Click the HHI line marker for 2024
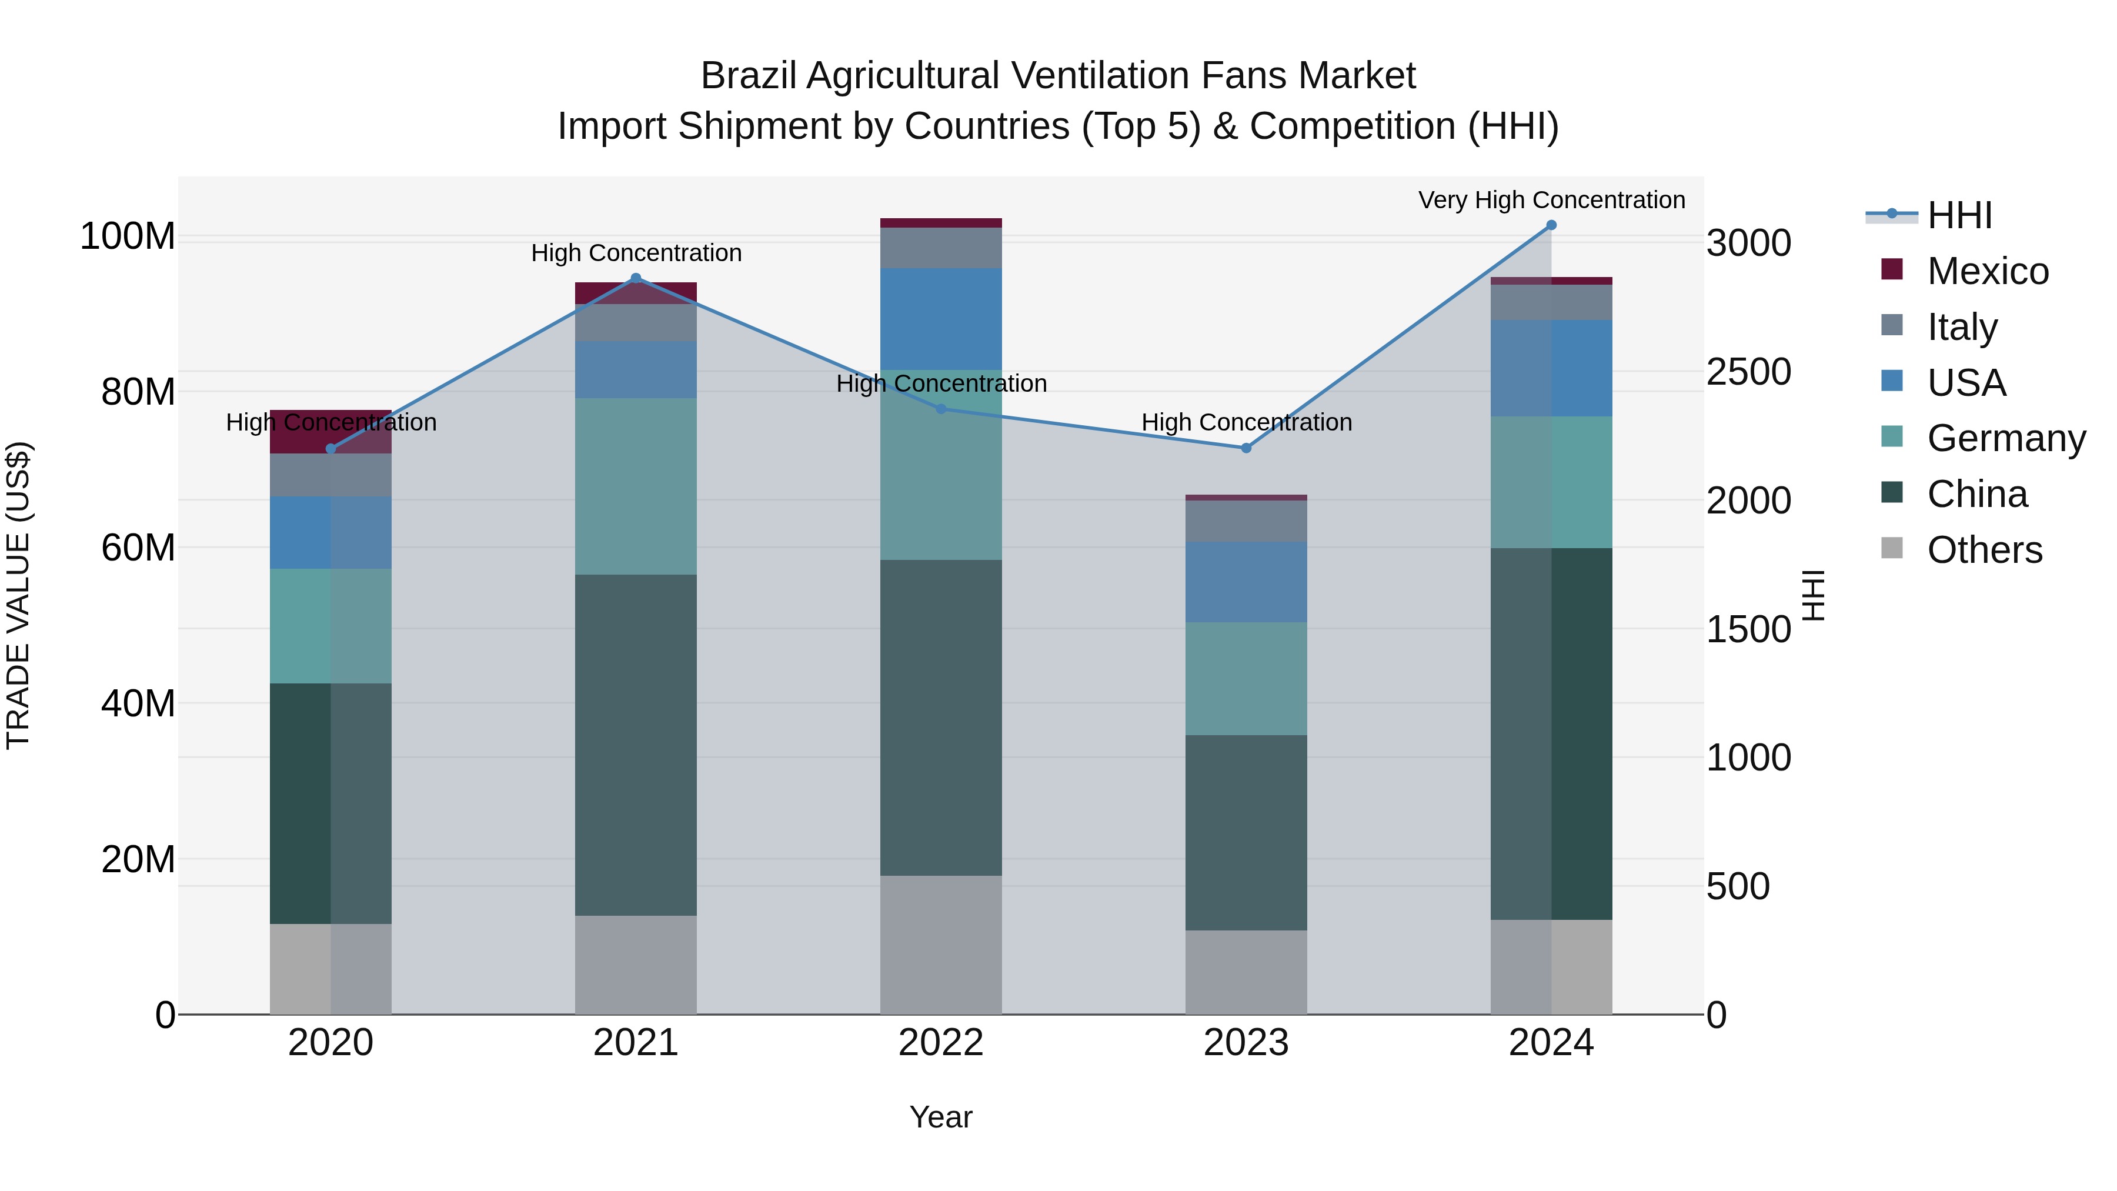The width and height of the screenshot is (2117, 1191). click(1551, 225)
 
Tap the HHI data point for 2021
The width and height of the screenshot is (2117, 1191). click(635, 279)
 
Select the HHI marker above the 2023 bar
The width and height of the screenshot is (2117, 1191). click(1246, 448)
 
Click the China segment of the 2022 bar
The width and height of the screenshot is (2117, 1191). click(941, 718)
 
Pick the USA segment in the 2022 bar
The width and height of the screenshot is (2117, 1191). click(941, 319)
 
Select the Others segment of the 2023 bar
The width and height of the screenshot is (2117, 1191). click(1246, 972)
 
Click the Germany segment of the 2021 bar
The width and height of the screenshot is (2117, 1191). click(635, 486)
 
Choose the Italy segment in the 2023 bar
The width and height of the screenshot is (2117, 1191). click(1246, 521)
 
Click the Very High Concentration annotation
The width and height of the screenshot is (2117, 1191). click(1551, 200)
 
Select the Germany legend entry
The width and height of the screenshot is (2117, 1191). click(2005, 438)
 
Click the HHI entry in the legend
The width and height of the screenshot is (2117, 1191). click(1959, 215)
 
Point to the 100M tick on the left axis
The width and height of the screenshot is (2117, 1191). click(128, 236)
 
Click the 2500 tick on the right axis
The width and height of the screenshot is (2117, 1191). click(1749, 372)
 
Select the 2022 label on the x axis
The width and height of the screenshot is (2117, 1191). click(941, 1043)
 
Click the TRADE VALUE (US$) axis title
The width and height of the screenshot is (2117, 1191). click(18, 595)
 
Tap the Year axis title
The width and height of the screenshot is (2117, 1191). click(941, 1117)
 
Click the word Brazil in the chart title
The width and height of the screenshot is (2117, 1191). click(748, 76)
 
